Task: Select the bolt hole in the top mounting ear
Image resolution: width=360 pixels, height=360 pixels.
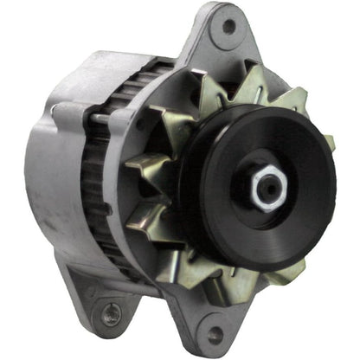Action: [228, 26]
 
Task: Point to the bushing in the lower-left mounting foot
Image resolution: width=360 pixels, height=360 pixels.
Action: [109, 314]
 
